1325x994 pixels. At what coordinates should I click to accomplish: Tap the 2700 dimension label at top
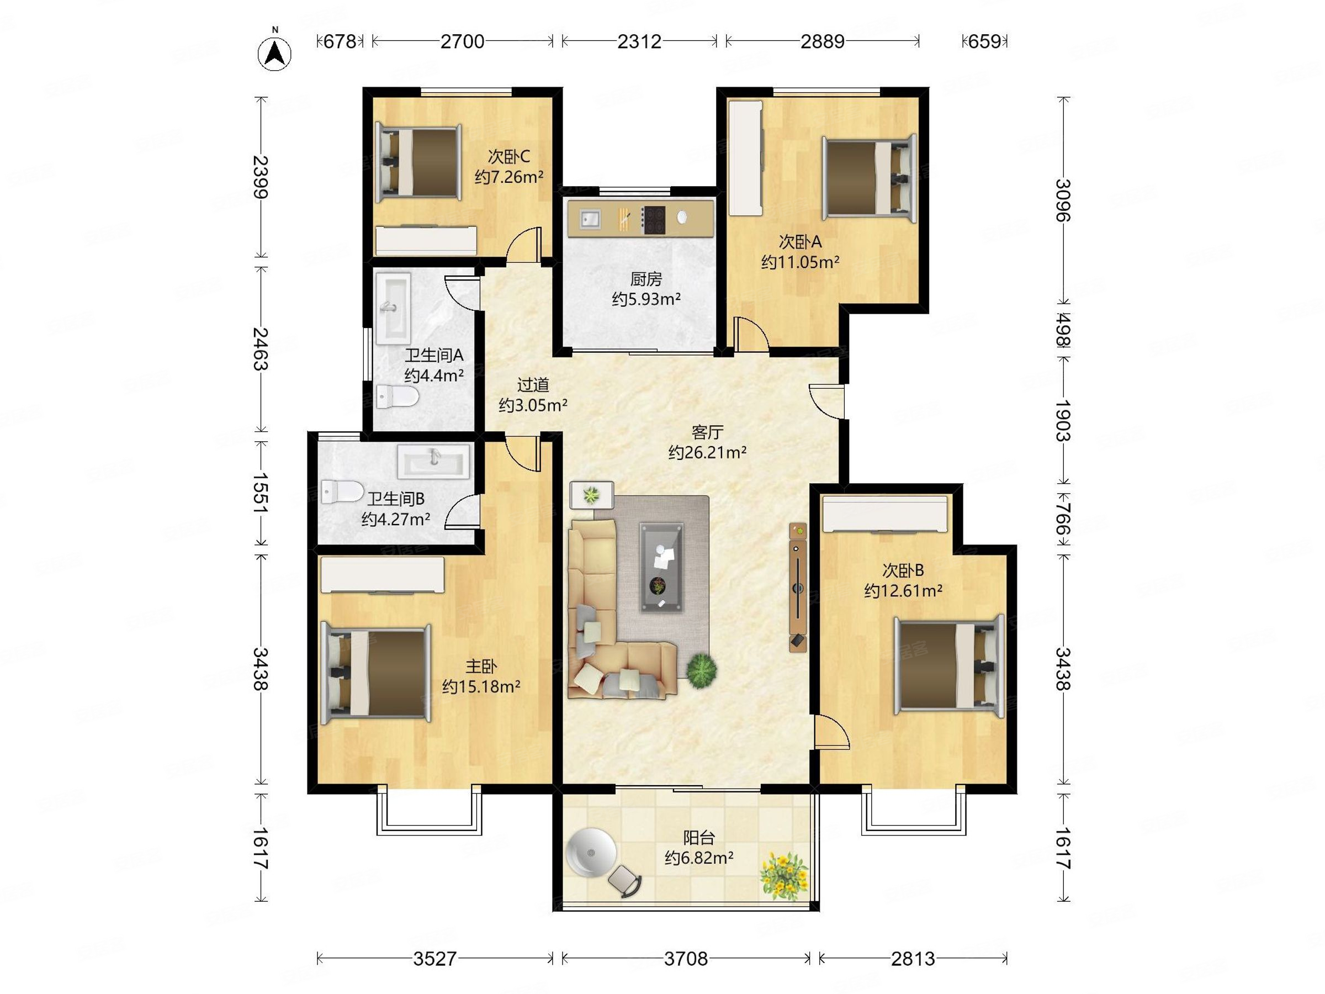point(462,41)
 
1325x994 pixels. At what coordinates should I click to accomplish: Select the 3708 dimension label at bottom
point(686,959)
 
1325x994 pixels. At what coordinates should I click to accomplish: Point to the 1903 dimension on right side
point(1063,421)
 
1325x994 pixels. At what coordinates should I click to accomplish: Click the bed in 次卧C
point(418,162)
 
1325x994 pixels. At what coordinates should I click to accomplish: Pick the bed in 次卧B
point(949,665)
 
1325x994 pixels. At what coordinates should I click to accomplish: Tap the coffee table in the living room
point(661,567)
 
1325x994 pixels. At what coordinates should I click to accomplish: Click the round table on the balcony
point(591,853)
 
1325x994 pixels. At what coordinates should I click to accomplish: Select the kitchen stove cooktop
point(654,219)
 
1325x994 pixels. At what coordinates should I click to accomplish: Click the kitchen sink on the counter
point(590,219)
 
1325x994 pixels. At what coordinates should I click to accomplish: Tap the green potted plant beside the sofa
point(702,670)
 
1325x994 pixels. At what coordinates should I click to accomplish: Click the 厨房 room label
point(646,279)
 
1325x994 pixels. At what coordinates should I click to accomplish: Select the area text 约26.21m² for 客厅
point(707,452)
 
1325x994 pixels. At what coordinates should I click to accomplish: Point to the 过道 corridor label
point(533,385)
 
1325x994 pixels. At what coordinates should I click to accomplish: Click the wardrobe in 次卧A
point(745,157)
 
